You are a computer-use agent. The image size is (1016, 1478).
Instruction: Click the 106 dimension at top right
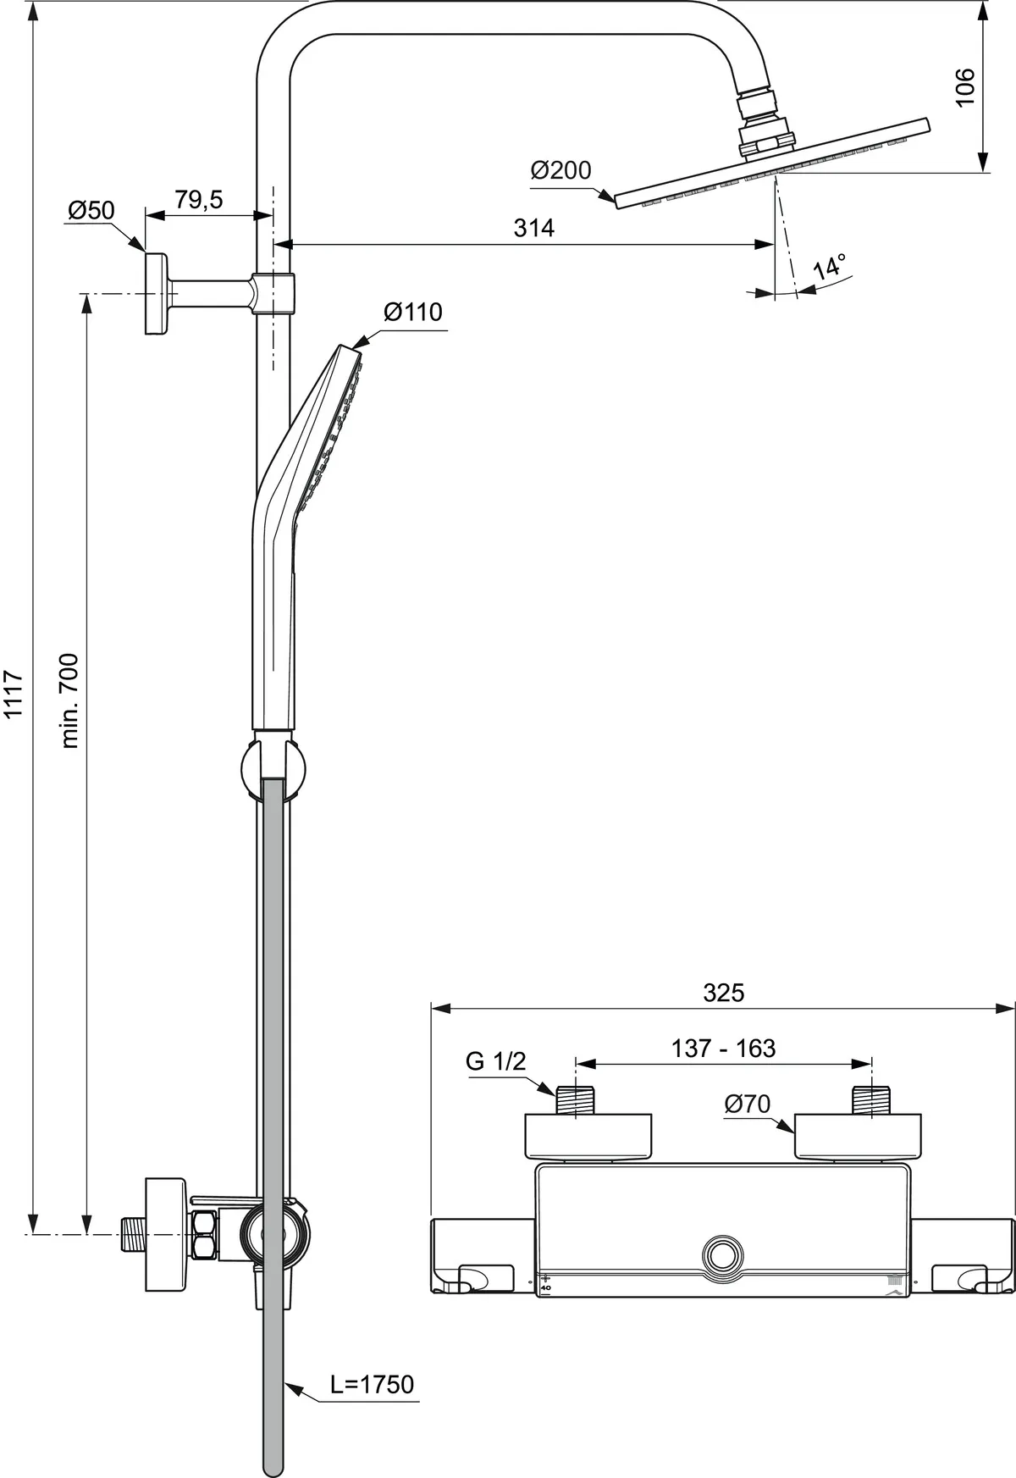click(966, 86)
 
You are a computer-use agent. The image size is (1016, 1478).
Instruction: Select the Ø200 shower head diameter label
click(560, 171)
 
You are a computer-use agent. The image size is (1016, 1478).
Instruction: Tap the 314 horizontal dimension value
click(534, 228)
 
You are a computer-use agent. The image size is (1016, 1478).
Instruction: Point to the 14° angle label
click(829, 267)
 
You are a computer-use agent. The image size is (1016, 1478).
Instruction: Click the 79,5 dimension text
click(198, 201)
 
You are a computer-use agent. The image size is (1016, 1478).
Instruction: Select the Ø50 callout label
click(91, 210)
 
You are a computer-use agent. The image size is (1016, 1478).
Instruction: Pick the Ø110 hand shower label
click(412, 313)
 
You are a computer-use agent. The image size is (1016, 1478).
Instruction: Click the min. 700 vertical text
click(70, 700)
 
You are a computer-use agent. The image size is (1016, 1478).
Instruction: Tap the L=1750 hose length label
click(373, 1385)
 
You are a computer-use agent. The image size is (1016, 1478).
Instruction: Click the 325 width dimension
click(723, 993)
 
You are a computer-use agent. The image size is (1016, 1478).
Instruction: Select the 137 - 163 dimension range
click(723, 1049)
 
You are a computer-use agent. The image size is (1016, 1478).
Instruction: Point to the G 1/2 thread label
click(495, 1061)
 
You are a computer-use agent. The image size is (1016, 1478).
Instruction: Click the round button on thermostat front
click(722, 1254)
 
